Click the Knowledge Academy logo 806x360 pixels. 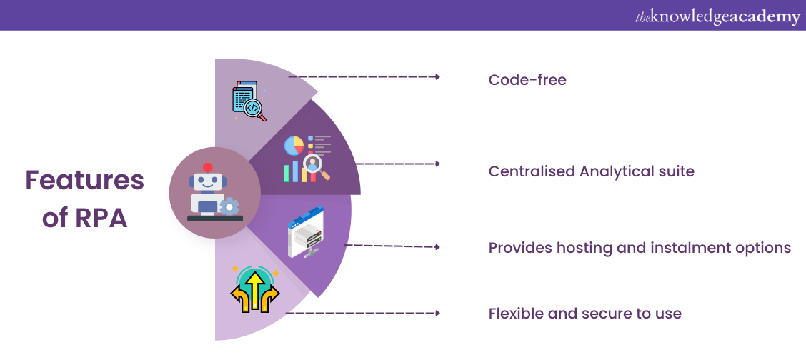pyautogui.click(x=717, y=16)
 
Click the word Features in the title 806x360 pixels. pyautogui.click(x=84, y=181)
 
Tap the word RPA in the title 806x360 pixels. pyautogui.click(x=101, y=218)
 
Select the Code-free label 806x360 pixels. pyautogui.click(x=527, y=80)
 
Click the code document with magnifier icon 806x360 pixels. pyautogui.click(x=249, y=100)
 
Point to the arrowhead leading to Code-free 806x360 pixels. pyautogui.click(x=437, y=76)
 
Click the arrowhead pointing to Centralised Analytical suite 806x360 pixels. pyautogui.click(x=437, y=164)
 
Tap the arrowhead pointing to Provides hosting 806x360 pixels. pyautogui.click(x=437, y=247)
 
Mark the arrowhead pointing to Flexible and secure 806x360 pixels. pyautogui.click(x=437, y=313)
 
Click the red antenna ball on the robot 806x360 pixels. pyautogui.click(x=207, y=167)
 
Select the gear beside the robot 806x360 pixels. pyautogui.click(x=229, y=207)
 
